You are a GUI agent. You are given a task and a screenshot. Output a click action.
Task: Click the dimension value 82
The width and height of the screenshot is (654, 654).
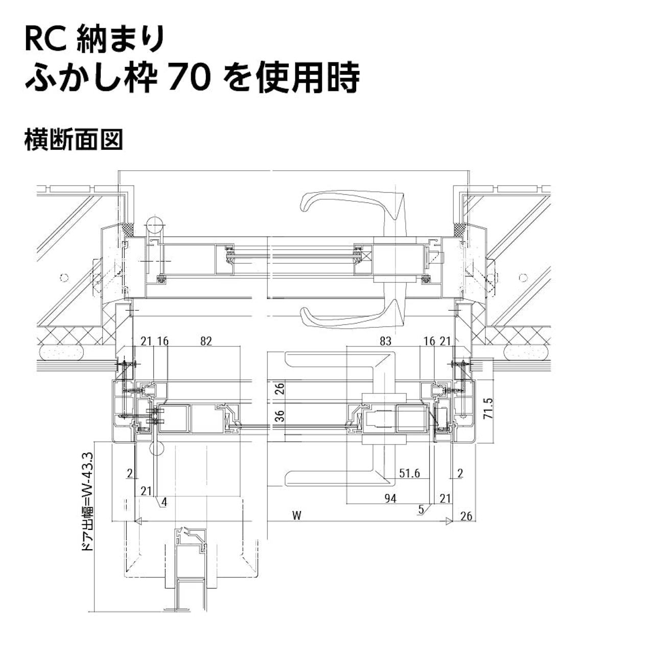[x=206, y=341]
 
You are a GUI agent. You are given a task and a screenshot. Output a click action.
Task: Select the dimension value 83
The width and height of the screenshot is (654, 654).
[x=386, y=341]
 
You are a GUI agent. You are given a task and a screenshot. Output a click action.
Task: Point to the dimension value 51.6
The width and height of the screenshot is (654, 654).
[x=409, y=474]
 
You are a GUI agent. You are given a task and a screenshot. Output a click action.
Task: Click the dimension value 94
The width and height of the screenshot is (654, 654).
[x=390, y=498]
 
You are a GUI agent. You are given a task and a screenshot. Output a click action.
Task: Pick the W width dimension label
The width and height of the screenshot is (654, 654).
[x=297, y=516]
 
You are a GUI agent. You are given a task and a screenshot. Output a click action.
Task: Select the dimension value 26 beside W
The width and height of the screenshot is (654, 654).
[x=466, y=516]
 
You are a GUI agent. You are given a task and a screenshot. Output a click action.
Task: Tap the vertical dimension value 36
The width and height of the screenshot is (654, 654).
[x=279, y=416]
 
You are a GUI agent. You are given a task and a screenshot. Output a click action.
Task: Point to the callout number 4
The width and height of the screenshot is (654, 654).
[x=163, y=502]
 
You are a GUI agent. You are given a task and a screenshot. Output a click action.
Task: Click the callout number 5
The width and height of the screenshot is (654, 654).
[x=421, y=509]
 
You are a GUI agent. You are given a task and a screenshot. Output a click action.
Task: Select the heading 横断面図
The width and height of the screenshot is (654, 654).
[x=74, y=139]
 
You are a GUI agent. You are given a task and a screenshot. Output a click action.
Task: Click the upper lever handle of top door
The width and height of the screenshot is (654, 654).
[x=353, y=204]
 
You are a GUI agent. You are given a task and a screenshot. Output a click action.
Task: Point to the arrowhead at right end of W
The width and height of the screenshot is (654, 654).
[x=450, y=521]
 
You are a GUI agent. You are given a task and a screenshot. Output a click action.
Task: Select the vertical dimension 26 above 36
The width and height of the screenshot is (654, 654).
[x=279, y=389]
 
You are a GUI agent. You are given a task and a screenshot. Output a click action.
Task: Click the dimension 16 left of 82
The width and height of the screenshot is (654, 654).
[x=163, y=341]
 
